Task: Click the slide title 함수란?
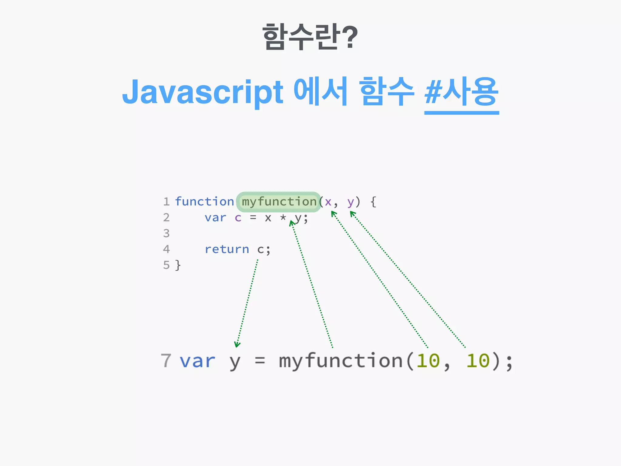[310, 37]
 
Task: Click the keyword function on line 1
[204, 202]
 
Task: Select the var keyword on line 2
[215, 218]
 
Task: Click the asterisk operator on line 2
[283, 217]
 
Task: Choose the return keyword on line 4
[227, 249]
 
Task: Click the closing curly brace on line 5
[178, 265]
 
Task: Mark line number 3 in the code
[166, 233]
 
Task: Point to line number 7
[166, 361]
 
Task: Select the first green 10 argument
[428, 361]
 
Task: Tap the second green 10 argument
[478, 361]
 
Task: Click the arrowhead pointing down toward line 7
[237, 345]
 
